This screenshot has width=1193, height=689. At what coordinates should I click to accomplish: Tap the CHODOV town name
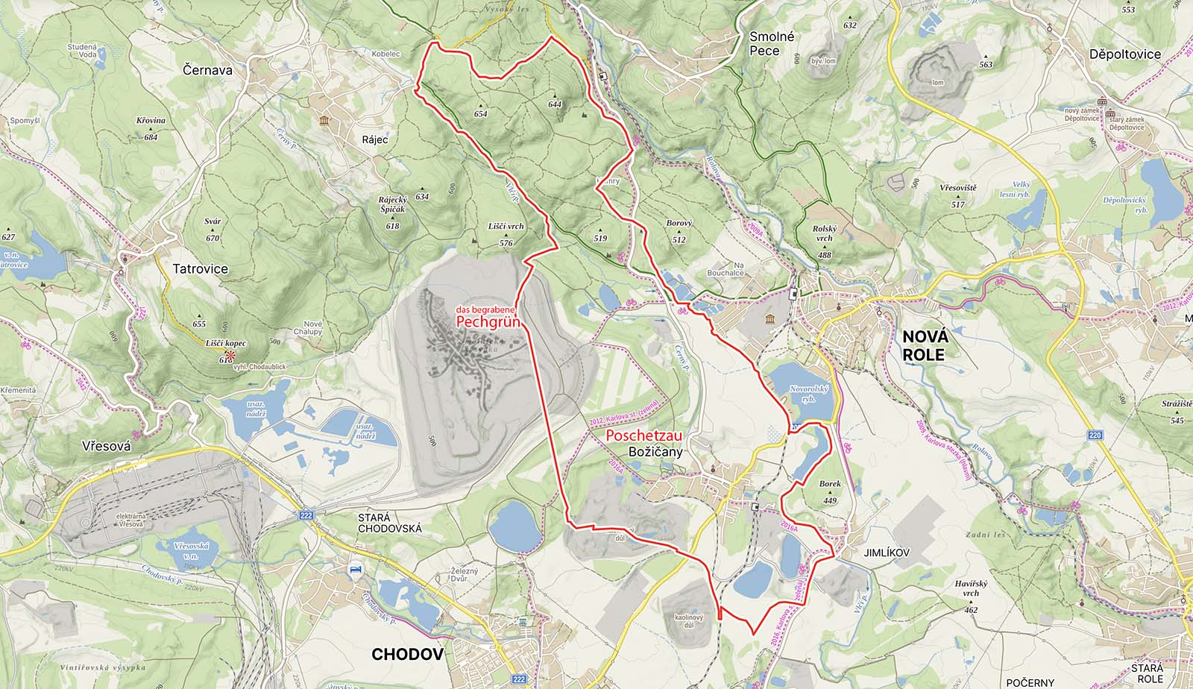click(x=407, y=655)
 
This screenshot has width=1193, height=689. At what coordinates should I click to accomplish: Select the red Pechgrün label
click(x=488, y=323)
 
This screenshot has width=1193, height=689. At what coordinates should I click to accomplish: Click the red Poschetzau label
click(x=644, y=435)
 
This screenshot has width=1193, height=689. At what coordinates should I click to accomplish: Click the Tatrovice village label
click(x=201, y=268)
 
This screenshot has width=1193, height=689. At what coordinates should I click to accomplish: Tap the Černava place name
click(x=207, y=70)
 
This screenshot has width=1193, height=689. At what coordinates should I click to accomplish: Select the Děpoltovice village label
click(x=1124, y=54)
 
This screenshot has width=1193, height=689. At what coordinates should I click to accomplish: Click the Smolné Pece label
click(x=772, y=44)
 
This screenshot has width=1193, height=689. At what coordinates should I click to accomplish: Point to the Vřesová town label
click(x=107, y=446)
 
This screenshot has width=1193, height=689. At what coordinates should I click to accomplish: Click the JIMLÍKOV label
click(x=887, y=553)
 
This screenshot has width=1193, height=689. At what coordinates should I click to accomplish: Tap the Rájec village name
click(x=375, y=139)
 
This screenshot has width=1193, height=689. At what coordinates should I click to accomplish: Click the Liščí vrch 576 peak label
click(x=506, y=233)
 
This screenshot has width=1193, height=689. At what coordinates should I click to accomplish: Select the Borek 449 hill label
click(x=830, y=491)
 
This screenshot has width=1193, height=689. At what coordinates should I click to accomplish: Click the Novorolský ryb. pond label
click(x=803, y=394)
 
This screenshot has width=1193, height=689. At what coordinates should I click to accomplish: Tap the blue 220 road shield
click(x=1095, y=434)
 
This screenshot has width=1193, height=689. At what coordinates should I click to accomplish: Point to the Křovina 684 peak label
click(x=151, y=128)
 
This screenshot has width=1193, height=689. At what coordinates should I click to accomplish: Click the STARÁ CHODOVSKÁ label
click(x=389, y=523)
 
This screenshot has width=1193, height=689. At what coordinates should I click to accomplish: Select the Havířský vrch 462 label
click(x=970, y=596)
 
